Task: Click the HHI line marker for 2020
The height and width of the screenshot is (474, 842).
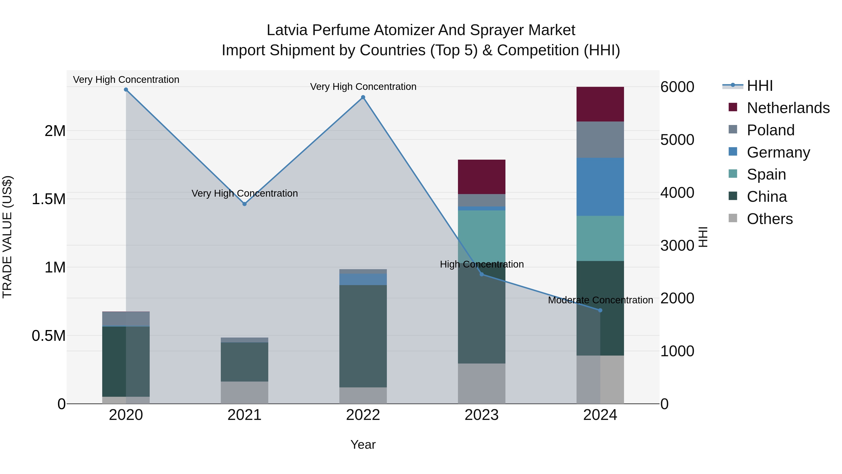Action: tap(126, 90)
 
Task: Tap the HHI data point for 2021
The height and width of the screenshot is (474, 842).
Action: tap(244, 204)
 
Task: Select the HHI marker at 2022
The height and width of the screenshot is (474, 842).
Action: tap(363, 97)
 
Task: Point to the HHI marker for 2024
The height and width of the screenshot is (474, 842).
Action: tap(600, 310)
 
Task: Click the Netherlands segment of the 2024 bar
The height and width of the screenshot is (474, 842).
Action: tap(600, 104)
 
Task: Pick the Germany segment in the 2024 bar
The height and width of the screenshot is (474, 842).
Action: tap(600, 187)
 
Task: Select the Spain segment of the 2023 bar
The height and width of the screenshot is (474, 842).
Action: tap(482, 235)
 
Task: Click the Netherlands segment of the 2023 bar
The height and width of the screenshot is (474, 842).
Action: tap(482, 177)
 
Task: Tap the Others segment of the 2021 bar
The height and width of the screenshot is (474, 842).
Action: tap(244, 392)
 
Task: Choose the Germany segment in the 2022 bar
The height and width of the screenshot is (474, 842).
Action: tap(363, 279)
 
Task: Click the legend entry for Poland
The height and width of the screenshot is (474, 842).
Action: tap(770, 130)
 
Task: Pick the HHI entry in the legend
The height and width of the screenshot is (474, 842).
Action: tap(760, 86)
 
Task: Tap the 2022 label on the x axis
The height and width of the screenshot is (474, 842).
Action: tap(363, 415)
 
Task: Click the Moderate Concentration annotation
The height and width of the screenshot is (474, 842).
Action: tap(600, 300)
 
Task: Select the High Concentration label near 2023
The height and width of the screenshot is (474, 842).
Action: tap(482, 264)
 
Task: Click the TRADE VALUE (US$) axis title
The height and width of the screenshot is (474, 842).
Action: tap(7, 237)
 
